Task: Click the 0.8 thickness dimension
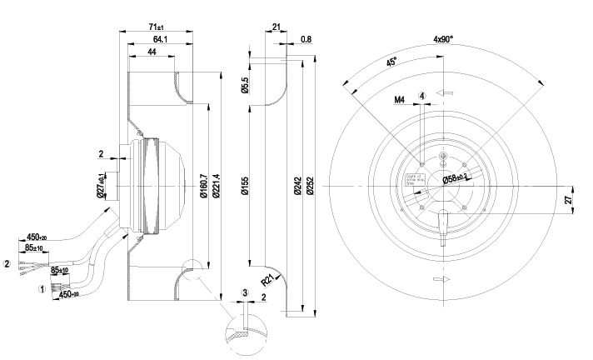tap(306, 39)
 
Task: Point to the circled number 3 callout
tap(245, 292)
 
